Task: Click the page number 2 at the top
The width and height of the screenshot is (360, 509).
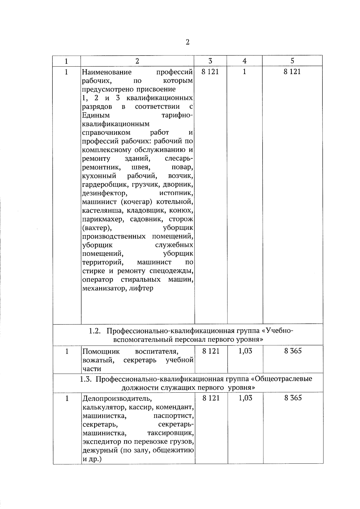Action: coord(187,42)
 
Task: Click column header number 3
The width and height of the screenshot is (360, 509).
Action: coord(210,61)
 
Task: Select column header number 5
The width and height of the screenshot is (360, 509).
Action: coord(292,61)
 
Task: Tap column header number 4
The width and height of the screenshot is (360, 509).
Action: coord(244,61)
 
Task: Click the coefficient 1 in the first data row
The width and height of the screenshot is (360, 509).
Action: coord(244,72)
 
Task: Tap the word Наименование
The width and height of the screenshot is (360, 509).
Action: coord(107,72)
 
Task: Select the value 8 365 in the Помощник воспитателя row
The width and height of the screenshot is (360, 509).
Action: coord(293,351)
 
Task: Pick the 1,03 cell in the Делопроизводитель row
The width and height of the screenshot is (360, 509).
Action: coord(245,398)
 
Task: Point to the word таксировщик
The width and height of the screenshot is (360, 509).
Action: coord(170,433)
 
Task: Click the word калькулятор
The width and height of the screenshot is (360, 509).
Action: coord(100,407)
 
